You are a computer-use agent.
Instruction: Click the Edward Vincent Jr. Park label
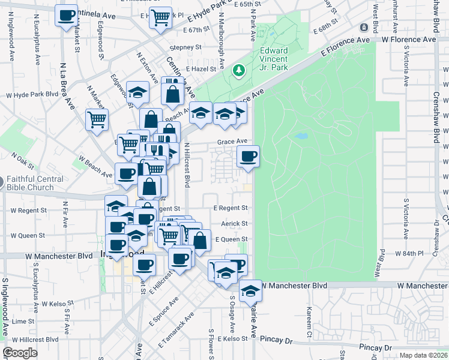[274, 59]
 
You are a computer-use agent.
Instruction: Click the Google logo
[20, 352]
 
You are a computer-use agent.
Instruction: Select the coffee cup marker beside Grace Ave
[248, 157]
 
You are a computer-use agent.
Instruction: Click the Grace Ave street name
[232, 142]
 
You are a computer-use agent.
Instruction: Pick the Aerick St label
[235, 223]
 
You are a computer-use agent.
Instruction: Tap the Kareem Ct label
[310, 321]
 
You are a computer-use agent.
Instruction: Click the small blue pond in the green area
[301, 136]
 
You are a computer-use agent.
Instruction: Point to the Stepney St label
[185, 47]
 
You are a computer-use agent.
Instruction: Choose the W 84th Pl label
[409, 253]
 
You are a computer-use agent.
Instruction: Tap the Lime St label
[23, 322]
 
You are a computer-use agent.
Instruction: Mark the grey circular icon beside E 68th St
[364, 28]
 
